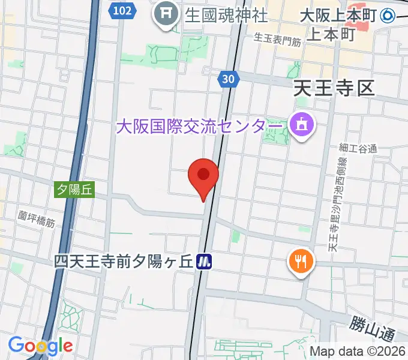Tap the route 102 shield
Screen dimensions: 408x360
pos(122,11)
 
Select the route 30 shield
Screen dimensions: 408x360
pos(227,79)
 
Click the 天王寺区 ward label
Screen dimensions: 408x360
pos(334,90)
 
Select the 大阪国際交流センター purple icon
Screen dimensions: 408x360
pos(301,125)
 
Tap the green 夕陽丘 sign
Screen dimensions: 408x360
pos(75,190)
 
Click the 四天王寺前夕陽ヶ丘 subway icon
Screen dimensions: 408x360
pos(206,261)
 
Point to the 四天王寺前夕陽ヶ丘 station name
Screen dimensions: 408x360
pos(123,262)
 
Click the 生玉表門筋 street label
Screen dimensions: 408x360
pos(277,40)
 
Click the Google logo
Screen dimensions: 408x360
pos(40,346)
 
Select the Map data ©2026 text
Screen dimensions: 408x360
pos(358,352)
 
